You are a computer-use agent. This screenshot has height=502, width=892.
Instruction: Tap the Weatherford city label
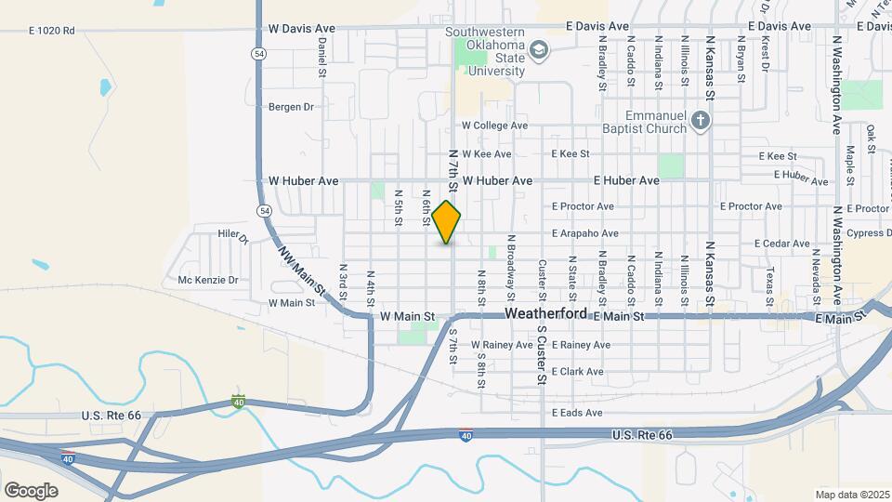click(546, 315)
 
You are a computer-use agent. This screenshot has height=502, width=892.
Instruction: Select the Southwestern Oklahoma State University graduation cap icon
click(538, 48)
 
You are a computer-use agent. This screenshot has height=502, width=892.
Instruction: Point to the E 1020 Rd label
click(51, 31)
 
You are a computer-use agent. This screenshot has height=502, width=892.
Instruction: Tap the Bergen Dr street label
click(291, 107)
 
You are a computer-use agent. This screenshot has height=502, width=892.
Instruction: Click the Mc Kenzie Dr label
click(208, 280)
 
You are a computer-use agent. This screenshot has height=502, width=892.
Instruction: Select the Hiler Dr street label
click(233, 236)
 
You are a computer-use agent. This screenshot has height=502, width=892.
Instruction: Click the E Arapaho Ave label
click(584, 233)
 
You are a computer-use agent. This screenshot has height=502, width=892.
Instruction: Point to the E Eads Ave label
click(577, 413)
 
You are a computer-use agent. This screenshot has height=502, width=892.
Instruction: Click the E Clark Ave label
click(578, 371)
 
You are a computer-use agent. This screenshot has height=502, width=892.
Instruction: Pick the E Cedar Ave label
click(782, 244)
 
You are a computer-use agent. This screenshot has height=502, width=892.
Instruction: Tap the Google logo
click(31, 491)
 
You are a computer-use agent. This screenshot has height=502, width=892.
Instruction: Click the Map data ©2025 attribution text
click(853, 495)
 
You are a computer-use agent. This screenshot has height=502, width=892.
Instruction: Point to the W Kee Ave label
click(487, 154)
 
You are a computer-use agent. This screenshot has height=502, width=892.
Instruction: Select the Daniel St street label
click(321, 56)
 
